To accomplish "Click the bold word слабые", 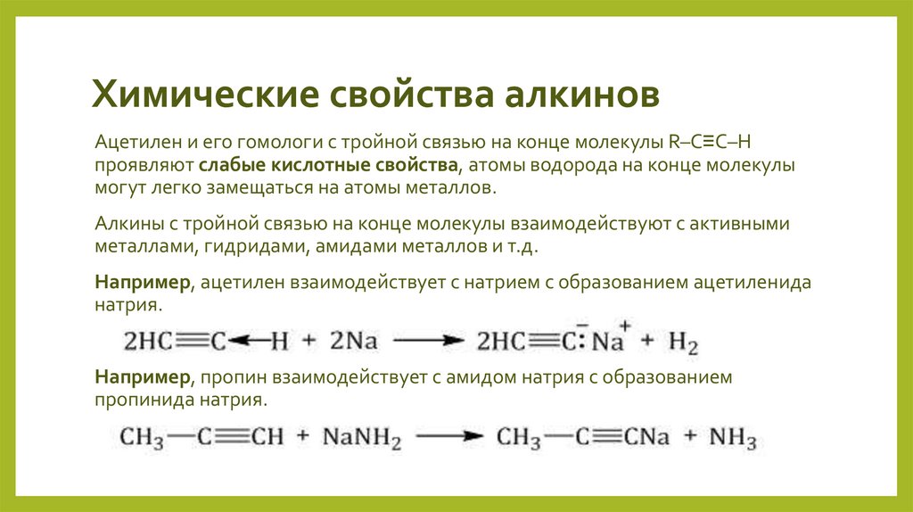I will pos(231,166).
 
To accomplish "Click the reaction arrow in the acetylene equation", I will pos(429,341).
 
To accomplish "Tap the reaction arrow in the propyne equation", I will pos(449,439).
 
